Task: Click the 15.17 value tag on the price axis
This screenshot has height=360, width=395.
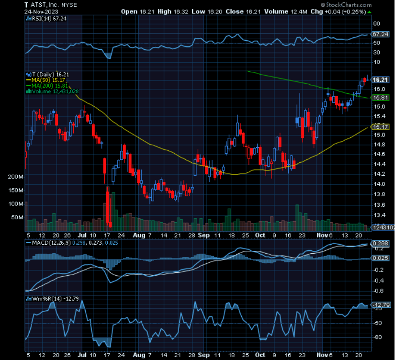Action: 380,127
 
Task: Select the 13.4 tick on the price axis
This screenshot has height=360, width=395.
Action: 379,215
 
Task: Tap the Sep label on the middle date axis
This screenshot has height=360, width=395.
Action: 203,236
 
